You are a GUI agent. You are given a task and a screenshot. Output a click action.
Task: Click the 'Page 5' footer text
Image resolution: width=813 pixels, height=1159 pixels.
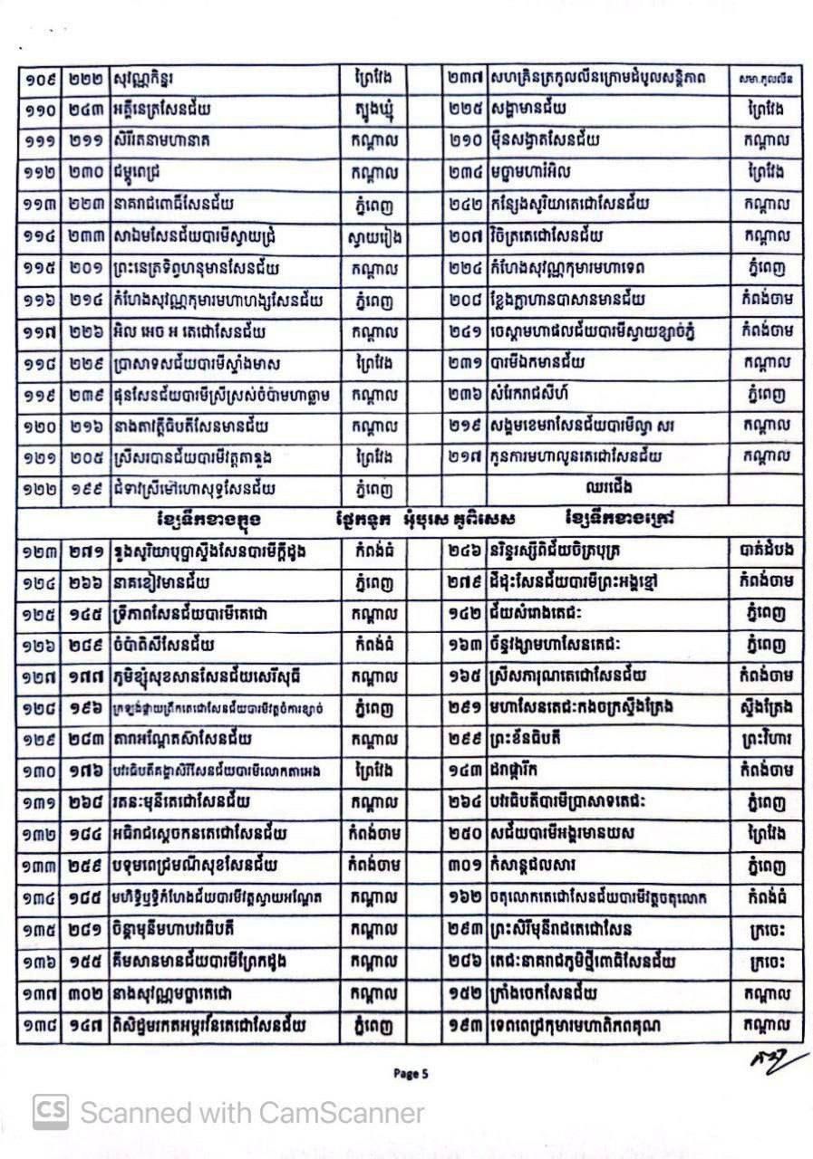[x=411, y=1074]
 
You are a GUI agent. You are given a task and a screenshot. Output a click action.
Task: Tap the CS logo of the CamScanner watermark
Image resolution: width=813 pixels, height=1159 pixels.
[x=51, y=1111]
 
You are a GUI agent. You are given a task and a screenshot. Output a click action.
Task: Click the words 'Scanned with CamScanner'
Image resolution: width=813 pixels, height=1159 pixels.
[x=252, y=1112]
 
